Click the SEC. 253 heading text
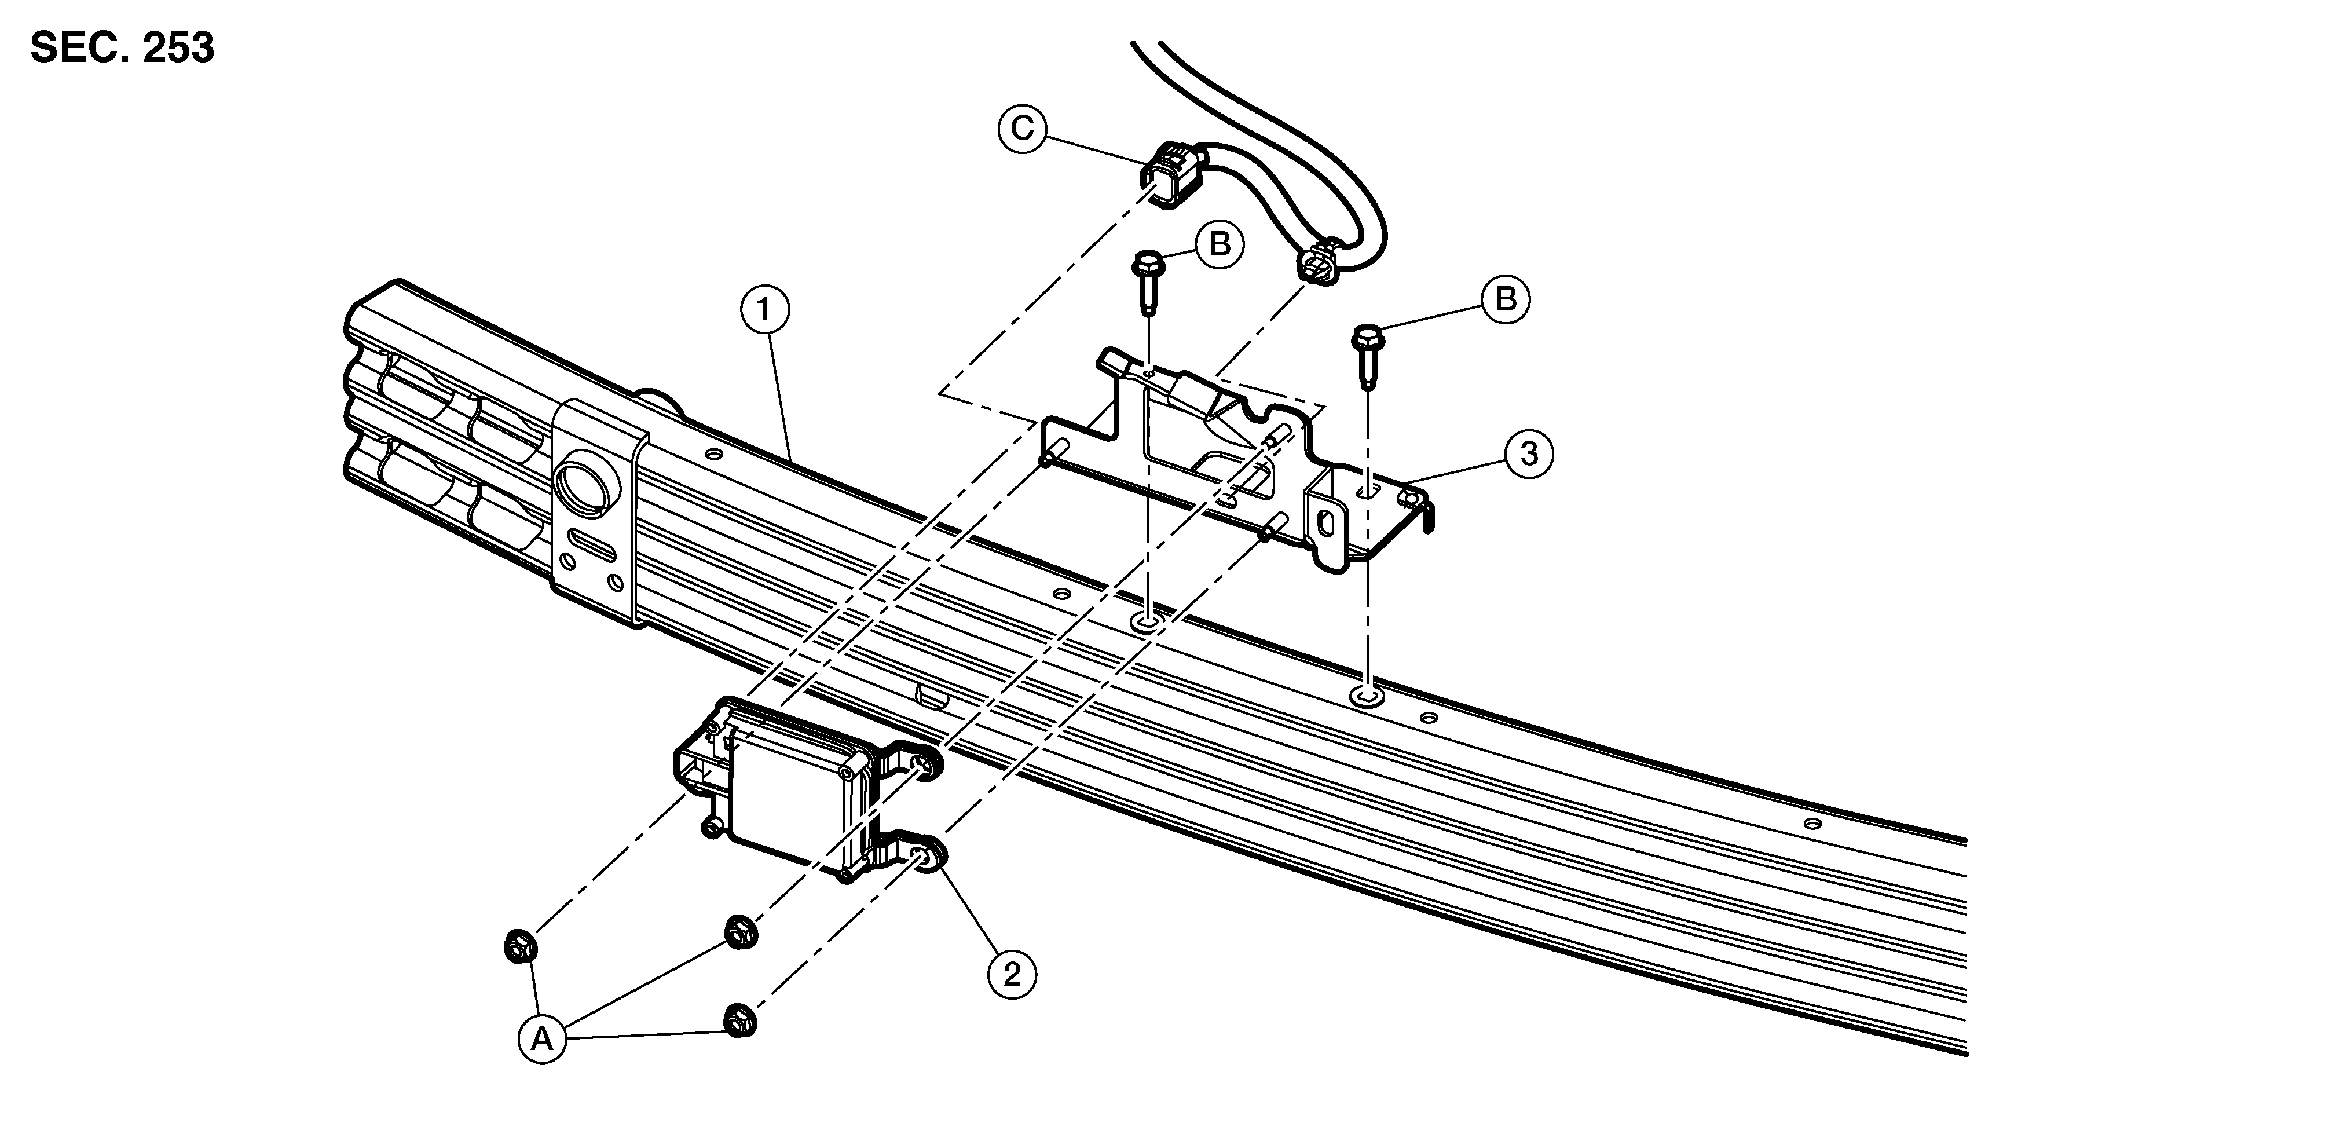(123, 48)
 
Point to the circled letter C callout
(1023, 129)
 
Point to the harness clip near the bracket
(1318, 264)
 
